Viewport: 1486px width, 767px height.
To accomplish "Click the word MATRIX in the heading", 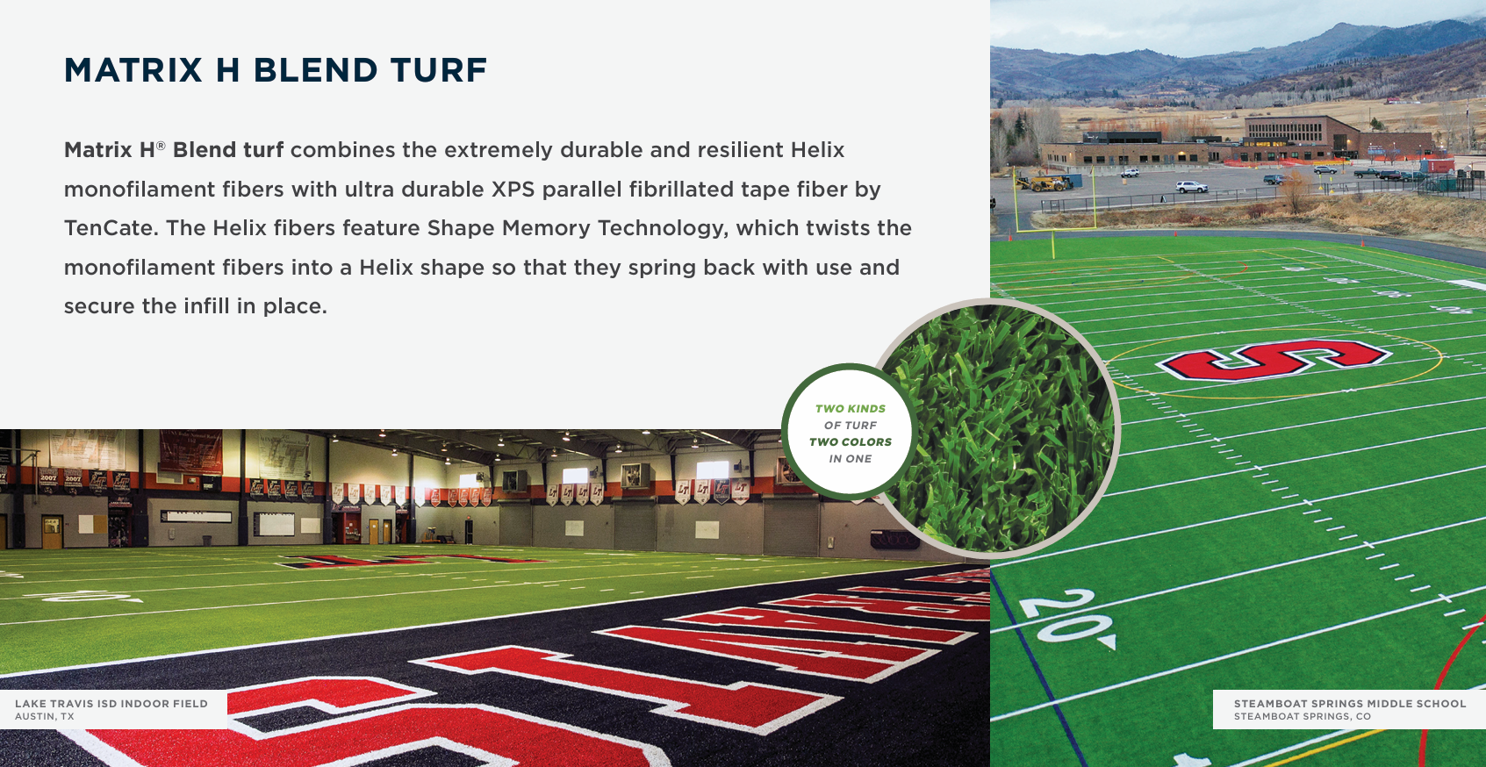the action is click(x=133, y=70).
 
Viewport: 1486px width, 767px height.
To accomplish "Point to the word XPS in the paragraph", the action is click(x=513, y=189).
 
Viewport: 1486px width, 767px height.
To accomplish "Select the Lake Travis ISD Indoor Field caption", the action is click(x=111, y=709).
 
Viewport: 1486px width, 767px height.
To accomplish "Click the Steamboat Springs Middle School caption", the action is click(x=1349, y=709).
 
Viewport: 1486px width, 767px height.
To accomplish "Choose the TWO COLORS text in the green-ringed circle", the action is click(x=850, y=442).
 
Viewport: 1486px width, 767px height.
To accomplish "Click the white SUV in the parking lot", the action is click(x=1191, y=186).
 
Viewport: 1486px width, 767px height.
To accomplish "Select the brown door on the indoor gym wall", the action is click(x=52, y=532).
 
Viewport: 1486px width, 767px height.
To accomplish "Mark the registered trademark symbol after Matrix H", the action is click(x=161, y=145).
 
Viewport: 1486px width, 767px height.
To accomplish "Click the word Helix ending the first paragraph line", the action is click(x=817, y=150).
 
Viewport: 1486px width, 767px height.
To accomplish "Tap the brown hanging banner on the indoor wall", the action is click(x=190, y=450).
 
